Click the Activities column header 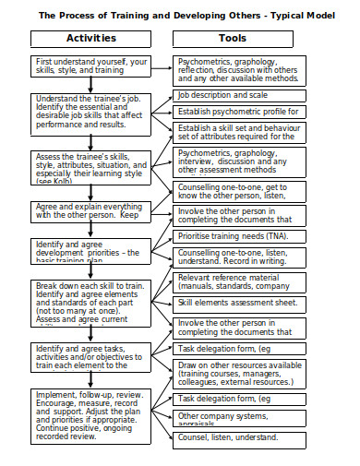[90, 39]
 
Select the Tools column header [232, 39]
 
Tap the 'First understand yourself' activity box [90, 67]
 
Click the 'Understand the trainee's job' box [90, 111]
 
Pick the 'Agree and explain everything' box [90, 211]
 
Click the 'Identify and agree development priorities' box [90, 250]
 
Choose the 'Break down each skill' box [90, 304]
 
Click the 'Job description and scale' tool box [237, 95]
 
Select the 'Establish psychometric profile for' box [237, 112]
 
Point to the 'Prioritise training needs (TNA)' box [237, 236]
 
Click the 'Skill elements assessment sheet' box [237, 302]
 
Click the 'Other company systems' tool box [237, 417]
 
